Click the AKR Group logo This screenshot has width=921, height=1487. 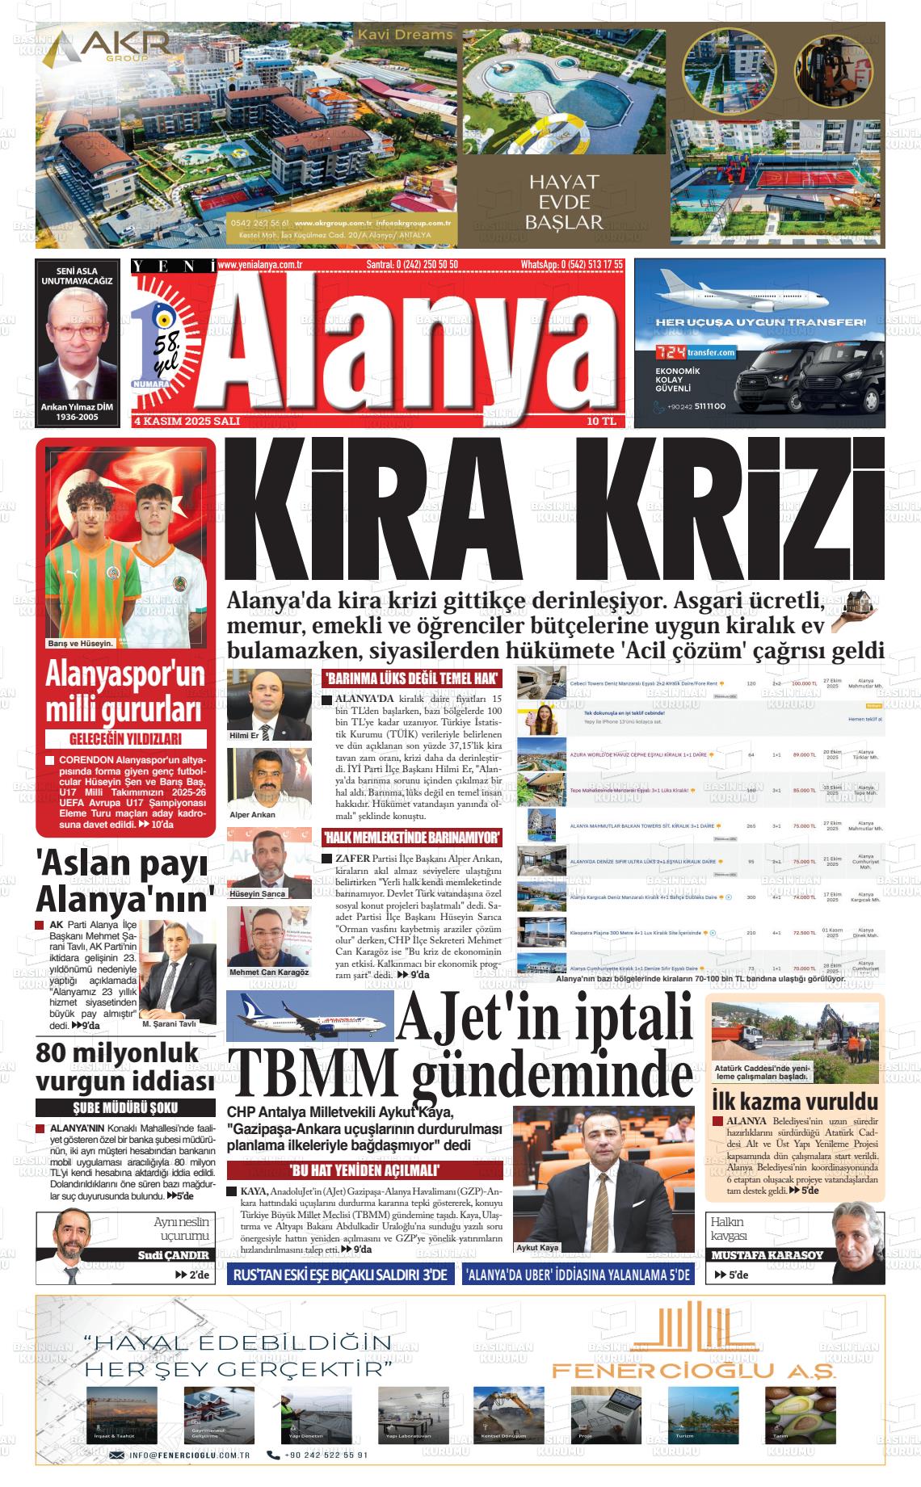point(105,49)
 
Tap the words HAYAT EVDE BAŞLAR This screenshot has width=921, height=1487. point(564,202)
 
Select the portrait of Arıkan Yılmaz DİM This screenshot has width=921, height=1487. point(77,344)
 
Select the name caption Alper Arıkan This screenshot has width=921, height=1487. point(252,814)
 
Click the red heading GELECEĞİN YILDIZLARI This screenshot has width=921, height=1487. point(126,738)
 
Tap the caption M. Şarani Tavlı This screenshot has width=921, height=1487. point(169,1023)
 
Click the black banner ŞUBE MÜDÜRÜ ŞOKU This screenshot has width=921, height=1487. point(125,1108)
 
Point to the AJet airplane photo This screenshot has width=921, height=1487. point(310,1015)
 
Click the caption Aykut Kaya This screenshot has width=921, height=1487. point(537,1247)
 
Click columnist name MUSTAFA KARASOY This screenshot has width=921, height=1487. point(767,1254)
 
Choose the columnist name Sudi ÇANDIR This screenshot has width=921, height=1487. point(173,1254)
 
